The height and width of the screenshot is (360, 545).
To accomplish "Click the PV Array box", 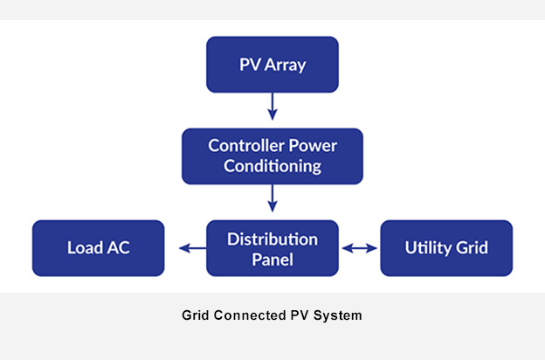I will pos(272,65).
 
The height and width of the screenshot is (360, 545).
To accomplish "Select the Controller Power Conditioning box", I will pos(272,156).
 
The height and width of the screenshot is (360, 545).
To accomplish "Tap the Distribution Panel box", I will pos(272,247).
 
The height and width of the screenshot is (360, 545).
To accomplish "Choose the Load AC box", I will pos(98,247).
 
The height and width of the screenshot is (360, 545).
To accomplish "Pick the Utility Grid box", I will pos(446,247).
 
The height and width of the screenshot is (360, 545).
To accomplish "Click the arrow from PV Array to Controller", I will pos(272,106).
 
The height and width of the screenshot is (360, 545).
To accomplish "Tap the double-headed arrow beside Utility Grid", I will pos(359,248).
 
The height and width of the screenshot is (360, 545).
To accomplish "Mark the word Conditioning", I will pos(272,166).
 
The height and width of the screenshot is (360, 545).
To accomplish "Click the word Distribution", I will pos(272,238).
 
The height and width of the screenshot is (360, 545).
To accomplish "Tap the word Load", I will pos(85,248).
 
